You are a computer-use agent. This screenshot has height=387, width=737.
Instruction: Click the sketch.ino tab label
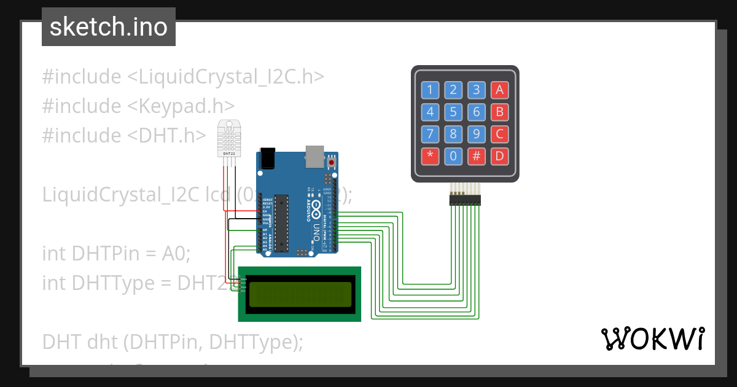(109, 27)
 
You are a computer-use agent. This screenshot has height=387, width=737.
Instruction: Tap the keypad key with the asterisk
(430, 156)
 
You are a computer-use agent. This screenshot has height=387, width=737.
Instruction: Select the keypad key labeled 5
(453, 112)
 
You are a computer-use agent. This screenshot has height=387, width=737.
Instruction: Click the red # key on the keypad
(476, 156)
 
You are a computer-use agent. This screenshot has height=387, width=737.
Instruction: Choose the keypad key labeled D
(499, 156)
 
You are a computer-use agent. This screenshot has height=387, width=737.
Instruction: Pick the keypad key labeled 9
(476, 134)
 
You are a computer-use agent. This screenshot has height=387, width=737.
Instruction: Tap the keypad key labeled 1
(430, 90)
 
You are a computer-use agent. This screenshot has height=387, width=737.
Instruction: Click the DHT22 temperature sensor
(230, 139)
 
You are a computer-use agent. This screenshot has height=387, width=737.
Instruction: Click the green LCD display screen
(300, 294)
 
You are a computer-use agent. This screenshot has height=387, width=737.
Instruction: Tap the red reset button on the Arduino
(332, 162)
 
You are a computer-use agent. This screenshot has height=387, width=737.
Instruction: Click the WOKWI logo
(652, 338)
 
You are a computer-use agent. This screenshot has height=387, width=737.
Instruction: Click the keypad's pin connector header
(465, 198)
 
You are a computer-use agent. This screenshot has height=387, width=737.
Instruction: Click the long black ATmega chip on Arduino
(281, 222)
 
